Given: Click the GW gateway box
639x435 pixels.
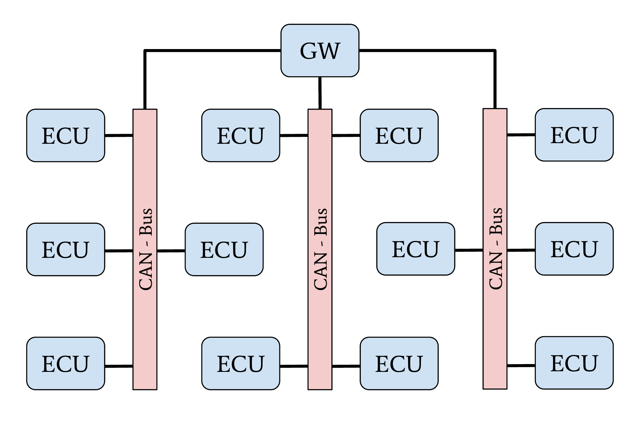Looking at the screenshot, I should point(320,51).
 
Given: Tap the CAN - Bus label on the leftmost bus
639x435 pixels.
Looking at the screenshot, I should point(146,249).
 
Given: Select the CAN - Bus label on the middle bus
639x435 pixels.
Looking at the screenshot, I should point(320,249).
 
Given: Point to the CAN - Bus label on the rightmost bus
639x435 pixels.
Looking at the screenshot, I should point(496,248).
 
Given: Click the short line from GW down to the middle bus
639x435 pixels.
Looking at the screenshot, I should point(320,93).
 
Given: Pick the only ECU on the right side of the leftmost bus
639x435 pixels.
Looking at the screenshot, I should point(224,249).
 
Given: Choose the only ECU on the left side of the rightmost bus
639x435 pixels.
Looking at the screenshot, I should point(416,249).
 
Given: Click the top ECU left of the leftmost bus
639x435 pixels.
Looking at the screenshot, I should point(66,135).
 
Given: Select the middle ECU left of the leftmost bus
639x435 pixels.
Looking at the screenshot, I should point(66,249).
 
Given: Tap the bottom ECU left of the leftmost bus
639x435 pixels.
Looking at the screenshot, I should point(66,363).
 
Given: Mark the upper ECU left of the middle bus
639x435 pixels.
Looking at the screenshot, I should point(241,135).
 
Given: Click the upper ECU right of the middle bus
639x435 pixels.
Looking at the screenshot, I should point(399,135).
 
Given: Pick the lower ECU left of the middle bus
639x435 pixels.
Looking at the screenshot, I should point(241,363).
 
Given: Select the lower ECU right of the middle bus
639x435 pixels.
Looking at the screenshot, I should point(399,363).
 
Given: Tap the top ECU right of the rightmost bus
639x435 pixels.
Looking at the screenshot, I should point(574,135).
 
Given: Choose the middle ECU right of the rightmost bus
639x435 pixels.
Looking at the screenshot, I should point(574,249).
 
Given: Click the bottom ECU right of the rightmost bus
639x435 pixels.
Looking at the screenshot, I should point(574,363).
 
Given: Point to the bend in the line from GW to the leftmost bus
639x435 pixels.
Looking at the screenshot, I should point(145,50).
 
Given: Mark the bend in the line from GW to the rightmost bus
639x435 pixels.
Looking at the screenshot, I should point(495,50).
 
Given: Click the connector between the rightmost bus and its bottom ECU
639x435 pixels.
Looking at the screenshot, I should point(521,365).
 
